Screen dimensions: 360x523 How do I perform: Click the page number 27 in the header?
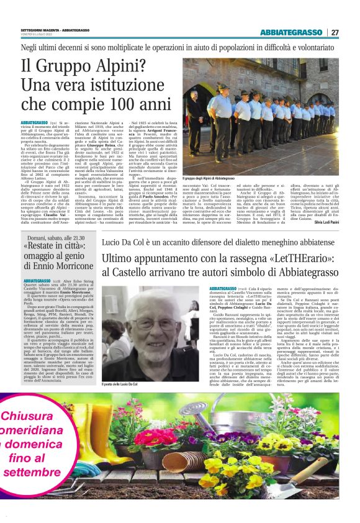coord(335,32)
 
